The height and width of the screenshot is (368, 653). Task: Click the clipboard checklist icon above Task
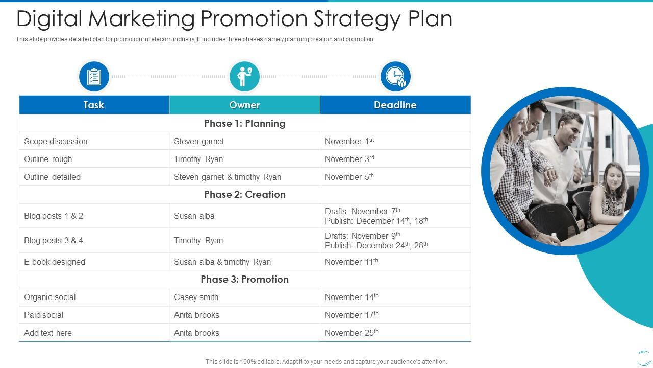(94, 77)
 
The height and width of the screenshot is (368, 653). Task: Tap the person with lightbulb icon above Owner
(244, 77)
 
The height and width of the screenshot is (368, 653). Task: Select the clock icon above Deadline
(395, 77)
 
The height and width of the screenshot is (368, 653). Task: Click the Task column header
(94, 105)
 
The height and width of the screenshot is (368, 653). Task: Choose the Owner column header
(244, 105)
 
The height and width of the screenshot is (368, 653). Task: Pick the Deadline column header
(395, 105)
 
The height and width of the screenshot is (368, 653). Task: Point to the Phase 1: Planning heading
(245, 123)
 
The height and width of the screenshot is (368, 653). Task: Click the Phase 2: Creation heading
(245, 194)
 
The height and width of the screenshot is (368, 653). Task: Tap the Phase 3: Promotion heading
(245, 279)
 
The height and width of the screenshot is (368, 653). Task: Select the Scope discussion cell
(56, 141)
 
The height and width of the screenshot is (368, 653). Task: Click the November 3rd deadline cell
(349, 159)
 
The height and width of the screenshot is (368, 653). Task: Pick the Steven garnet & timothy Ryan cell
(228, 177)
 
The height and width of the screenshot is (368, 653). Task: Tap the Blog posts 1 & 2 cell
(54, 216)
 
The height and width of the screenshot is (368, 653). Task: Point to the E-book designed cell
(55, 262)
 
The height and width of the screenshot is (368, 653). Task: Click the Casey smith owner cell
(196, 297)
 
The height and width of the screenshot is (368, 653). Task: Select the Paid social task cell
(44, 315)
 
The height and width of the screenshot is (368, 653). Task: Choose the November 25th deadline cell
(351, 333)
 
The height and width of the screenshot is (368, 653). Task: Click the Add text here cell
(48, 333)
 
